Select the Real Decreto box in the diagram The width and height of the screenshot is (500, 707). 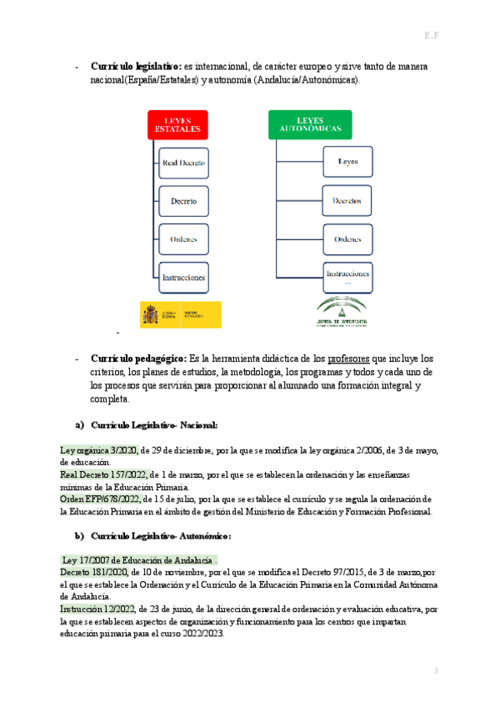pyautogui.click(x=183, y=163)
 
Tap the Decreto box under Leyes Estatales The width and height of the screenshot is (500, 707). pyautogui.click(x=183, y=201)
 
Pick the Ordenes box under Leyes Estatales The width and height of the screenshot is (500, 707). pyautogui.click(x=183, y=239)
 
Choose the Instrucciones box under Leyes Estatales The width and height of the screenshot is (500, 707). pyautogui.click(x=183, y=277)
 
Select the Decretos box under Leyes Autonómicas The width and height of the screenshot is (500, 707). pyautogui.click(x=347, y=201)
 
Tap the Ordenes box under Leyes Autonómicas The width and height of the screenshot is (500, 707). pyautogui.click(x=347, y=239)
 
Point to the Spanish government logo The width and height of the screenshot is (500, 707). pyautogui.click(x=180, y=314)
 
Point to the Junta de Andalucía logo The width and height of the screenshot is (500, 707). pyautogui.click(x=336, y=310)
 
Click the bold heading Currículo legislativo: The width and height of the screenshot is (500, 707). pyautogui.click(x=136, y=66)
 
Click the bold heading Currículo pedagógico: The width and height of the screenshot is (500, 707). pyautogui.click(x=138, y=358)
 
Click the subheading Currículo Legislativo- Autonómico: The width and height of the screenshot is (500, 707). pyautogui.click(x=161, y=535)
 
